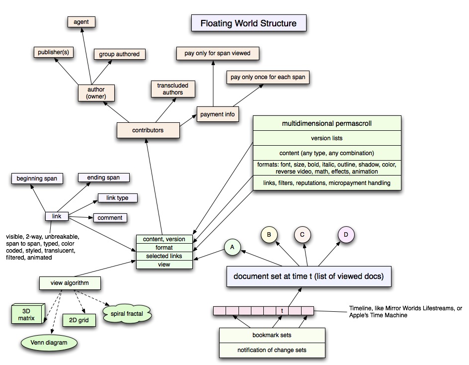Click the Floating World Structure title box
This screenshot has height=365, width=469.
click(x=248, y=23)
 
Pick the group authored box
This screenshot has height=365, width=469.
click(x=119, y=54)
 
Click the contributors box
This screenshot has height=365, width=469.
click(x=148, y=130)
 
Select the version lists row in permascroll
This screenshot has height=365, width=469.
click(x=326, y=138)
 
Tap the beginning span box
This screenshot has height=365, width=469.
click(x=36, y=178)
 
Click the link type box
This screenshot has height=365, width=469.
click(x=117, y=198)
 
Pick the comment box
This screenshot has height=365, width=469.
click(x=110, y=218)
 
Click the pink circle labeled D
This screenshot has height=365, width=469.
click(x=346, y=234)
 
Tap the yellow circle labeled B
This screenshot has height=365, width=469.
click(x=269, y=234)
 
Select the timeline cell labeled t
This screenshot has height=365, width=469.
click(x=282, y=311)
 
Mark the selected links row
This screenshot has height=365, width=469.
click(x=164, y=256)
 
